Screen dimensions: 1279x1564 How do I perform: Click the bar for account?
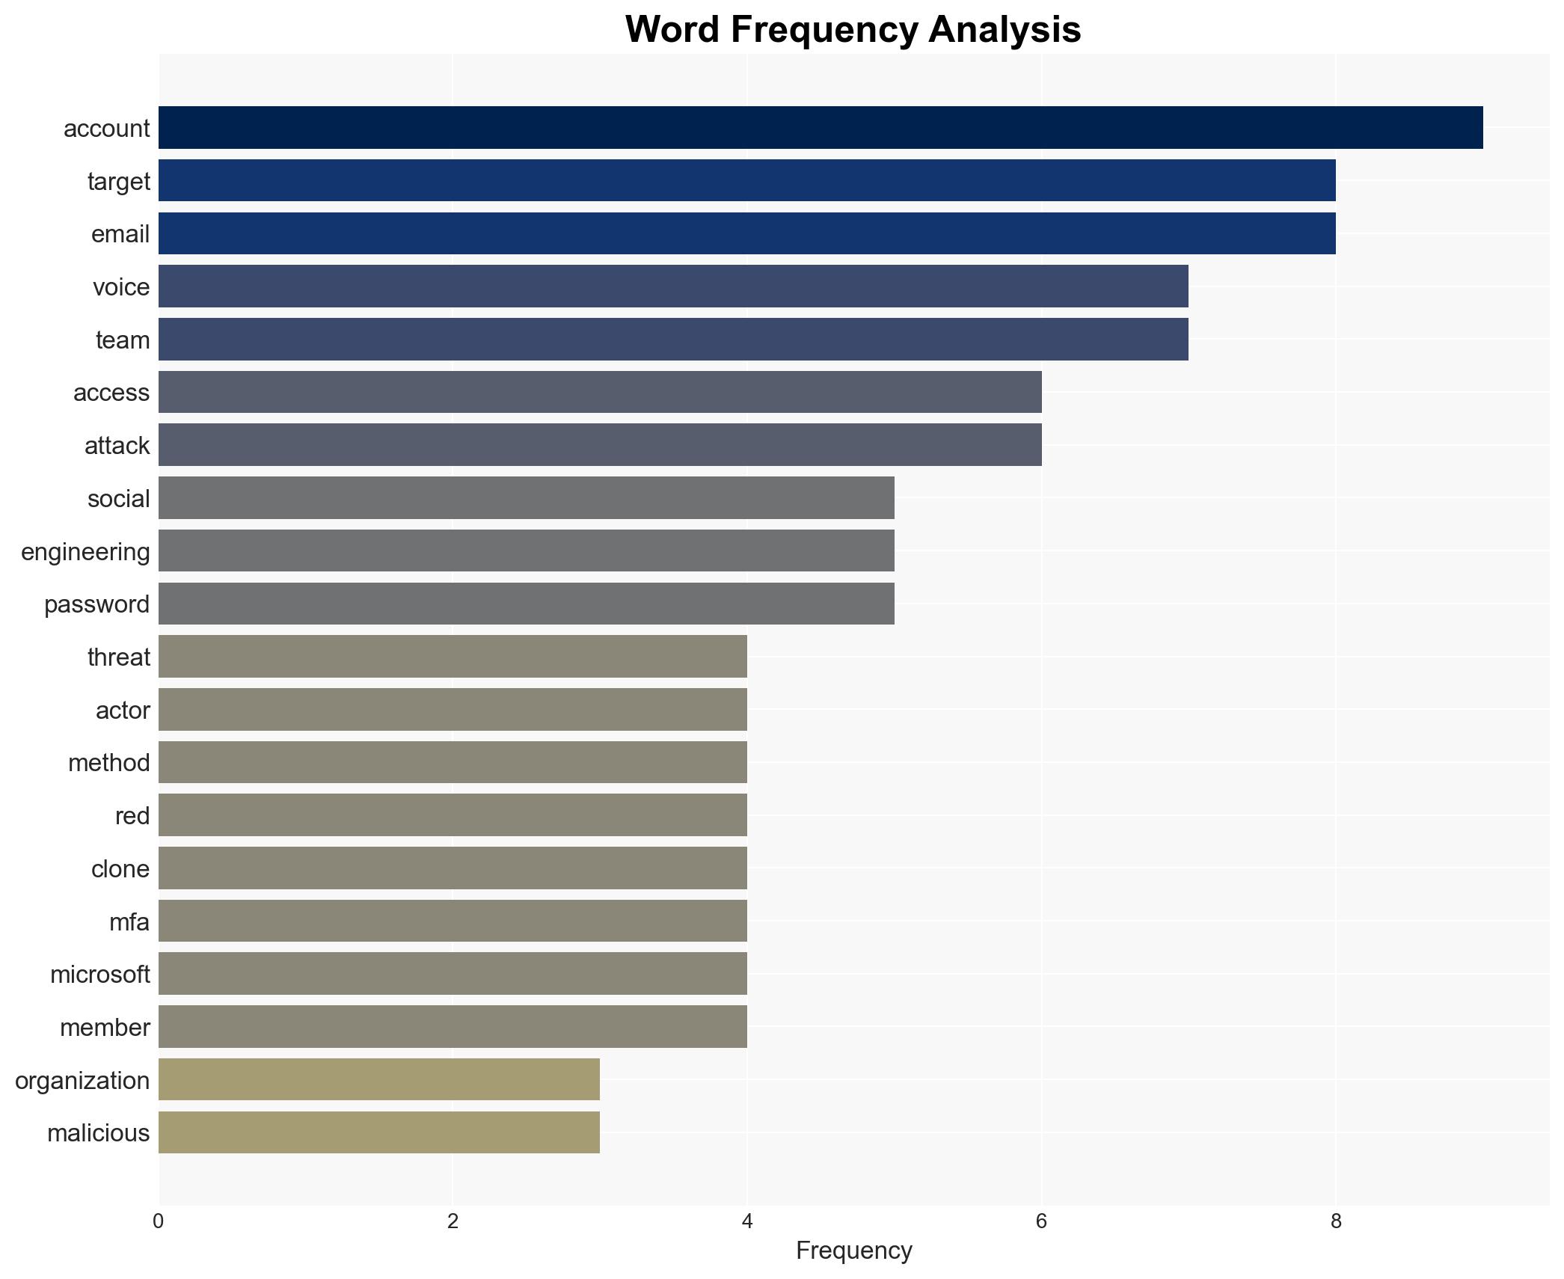pos(820,128)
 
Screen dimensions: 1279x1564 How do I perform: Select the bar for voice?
pos(673,286)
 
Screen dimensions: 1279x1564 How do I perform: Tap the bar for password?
pos(526,604)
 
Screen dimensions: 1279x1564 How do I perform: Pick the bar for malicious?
pos(378,1132)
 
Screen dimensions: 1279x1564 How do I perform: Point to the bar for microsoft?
pos(453,974)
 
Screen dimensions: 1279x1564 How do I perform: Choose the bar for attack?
pos(600,445)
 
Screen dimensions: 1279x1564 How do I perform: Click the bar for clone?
pos(453,868)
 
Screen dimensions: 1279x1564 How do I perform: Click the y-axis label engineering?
pos(85,552)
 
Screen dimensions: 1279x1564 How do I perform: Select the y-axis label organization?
pos(82,1081)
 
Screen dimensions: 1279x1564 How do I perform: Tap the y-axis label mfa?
pos(129,922)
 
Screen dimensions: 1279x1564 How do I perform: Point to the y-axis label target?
pos(118,182)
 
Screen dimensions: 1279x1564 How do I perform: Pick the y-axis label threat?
pos(118,657)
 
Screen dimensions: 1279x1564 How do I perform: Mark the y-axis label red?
pos(132,816)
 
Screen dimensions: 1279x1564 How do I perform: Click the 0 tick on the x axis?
pos(159,1221)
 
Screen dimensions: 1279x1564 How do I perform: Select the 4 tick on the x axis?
pos(747,1221)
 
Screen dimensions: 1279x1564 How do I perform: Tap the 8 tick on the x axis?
pos(1336,1221)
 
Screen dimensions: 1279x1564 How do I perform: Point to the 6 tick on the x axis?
pos(1041,1221)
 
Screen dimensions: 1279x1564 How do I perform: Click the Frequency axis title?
pos(853,1251)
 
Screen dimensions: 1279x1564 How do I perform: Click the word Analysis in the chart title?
pos(1005,30)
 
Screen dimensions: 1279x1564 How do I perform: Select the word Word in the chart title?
pos(672,30)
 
